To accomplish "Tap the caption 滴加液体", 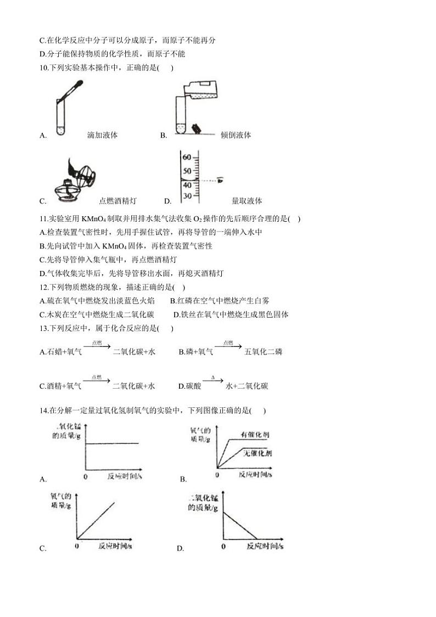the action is point(102,135).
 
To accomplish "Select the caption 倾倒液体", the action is point(236,135).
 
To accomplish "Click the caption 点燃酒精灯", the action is point(118,201).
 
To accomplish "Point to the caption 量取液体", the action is point(247,201).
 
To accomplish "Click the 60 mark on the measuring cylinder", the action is point(187,157).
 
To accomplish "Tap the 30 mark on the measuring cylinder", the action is point(187,196).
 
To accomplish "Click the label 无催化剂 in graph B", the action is point(258,453).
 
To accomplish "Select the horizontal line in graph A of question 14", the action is point(113,442).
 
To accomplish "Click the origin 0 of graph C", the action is point(76,546).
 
